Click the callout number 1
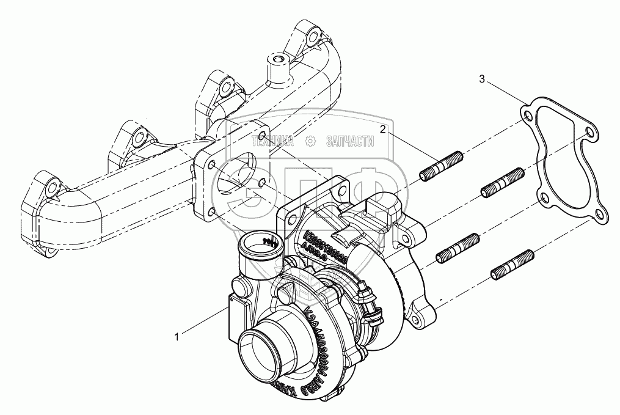(x=177, y=336)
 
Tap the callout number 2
(x=383, y=130)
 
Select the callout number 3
(x=483, y=79)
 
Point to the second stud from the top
(x=502, y=183)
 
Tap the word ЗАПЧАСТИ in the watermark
(x=351, y=141)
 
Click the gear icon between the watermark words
(x=310, y=141)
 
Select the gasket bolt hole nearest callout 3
(x=527, y=114)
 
